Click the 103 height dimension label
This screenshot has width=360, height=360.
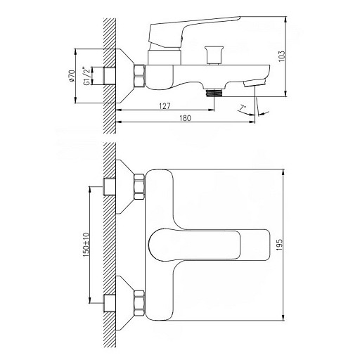(x=282, y=56)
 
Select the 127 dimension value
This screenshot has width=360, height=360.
(x=165, y=106)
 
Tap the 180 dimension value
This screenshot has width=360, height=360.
(x=186, y=118)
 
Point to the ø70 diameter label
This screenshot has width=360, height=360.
(x=72, y=76)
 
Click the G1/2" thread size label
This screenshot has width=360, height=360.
(x=86, y=76)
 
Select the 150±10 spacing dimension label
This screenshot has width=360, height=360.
(x=86, y=245)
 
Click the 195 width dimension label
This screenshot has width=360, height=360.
(x=279, y=245)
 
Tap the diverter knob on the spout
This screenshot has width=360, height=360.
(x=213, y=56)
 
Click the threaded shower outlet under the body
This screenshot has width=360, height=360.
(x=214, y=93)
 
